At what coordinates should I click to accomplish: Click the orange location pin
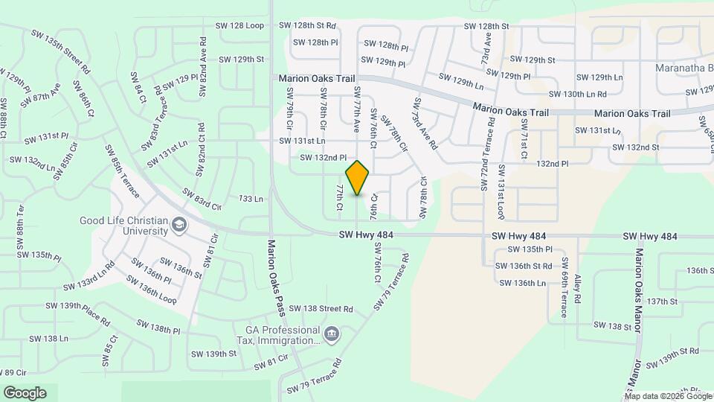coord(358,178)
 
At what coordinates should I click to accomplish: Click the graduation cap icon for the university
coord(178,224)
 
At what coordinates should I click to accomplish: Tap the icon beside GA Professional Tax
coord(331,333)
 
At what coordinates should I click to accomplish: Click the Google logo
coord(25,392)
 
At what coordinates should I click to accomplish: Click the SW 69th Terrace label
coord(565,287)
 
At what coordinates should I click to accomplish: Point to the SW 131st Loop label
coord(502,192)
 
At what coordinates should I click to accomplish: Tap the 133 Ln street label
coord(251,199)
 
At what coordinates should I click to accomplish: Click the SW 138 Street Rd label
coord(321,308)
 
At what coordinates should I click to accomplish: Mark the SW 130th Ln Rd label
coord(577,94)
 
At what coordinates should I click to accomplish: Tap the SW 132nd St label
coord(635,147)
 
